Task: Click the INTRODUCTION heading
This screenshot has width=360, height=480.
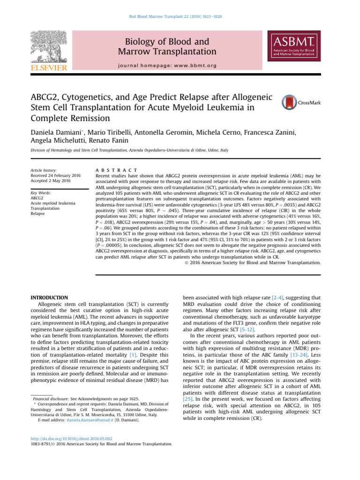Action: [49, 298]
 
